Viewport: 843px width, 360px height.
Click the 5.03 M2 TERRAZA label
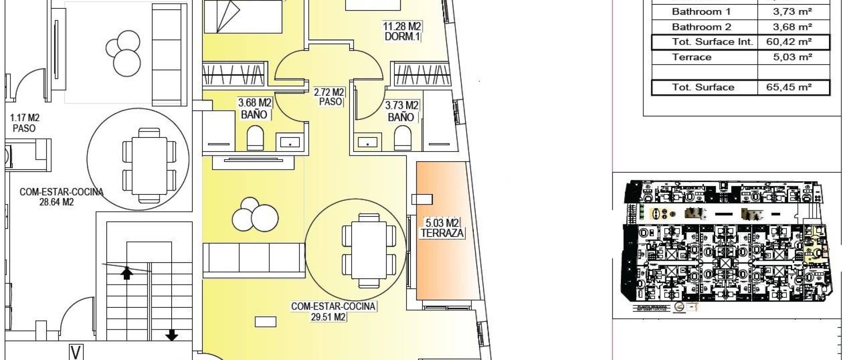click(442, 228)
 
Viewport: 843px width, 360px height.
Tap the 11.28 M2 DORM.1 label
click(401, 32)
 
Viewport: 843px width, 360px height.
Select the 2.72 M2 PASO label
click(329, 97)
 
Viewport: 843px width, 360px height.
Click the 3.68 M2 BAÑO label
click(254, 109)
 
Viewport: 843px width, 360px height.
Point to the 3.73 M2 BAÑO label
click(401, 111)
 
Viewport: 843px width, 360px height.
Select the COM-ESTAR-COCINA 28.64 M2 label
click(61, 197)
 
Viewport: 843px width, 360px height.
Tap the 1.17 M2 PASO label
click(25, 123)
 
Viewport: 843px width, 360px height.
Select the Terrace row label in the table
click(692, 57)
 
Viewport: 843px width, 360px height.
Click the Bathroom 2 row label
click(701, 27)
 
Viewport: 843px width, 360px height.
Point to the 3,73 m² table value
click(793, 12)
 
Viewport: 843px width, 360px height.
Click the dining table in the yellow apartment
click(364, 251)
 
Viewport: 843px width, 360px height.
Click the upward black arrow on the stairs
click(127, 273)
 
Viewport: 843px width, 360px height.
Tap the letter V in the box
click(76, 353)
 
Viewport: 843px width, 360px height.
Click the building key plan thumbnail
click(727, 246)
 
